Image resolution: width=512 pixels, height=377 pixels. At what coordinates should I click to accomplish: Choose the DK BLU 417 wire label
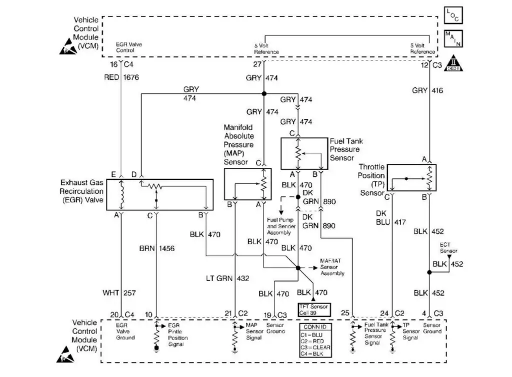[392, 217]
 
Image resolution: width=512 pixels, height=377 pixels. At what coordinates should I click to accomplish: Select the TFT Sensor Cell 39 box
[313, 309]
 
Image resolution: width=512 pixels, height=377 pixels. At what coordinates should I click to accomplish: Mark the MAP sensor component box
[247, 184]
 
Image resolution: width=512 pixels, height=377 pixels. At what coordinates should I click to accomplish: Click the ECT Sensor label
[448, 248]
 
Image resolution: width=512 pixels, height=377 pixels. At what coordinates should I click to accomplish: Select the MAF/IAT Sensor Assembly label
[332, 270]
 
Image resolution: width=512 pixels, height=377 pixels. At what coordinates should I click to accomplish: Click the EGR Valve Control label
[128, 47]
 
